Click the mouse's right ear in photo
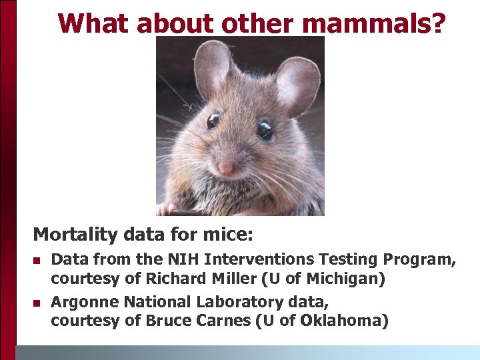(x=297, y=84)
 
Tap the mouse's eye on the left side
(x=213, y=121)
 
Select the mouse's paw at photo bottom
(x=167, y=209)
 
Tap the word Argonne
(x=82, y=303)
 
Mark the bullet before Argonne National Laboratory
(x=37, y=303)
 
